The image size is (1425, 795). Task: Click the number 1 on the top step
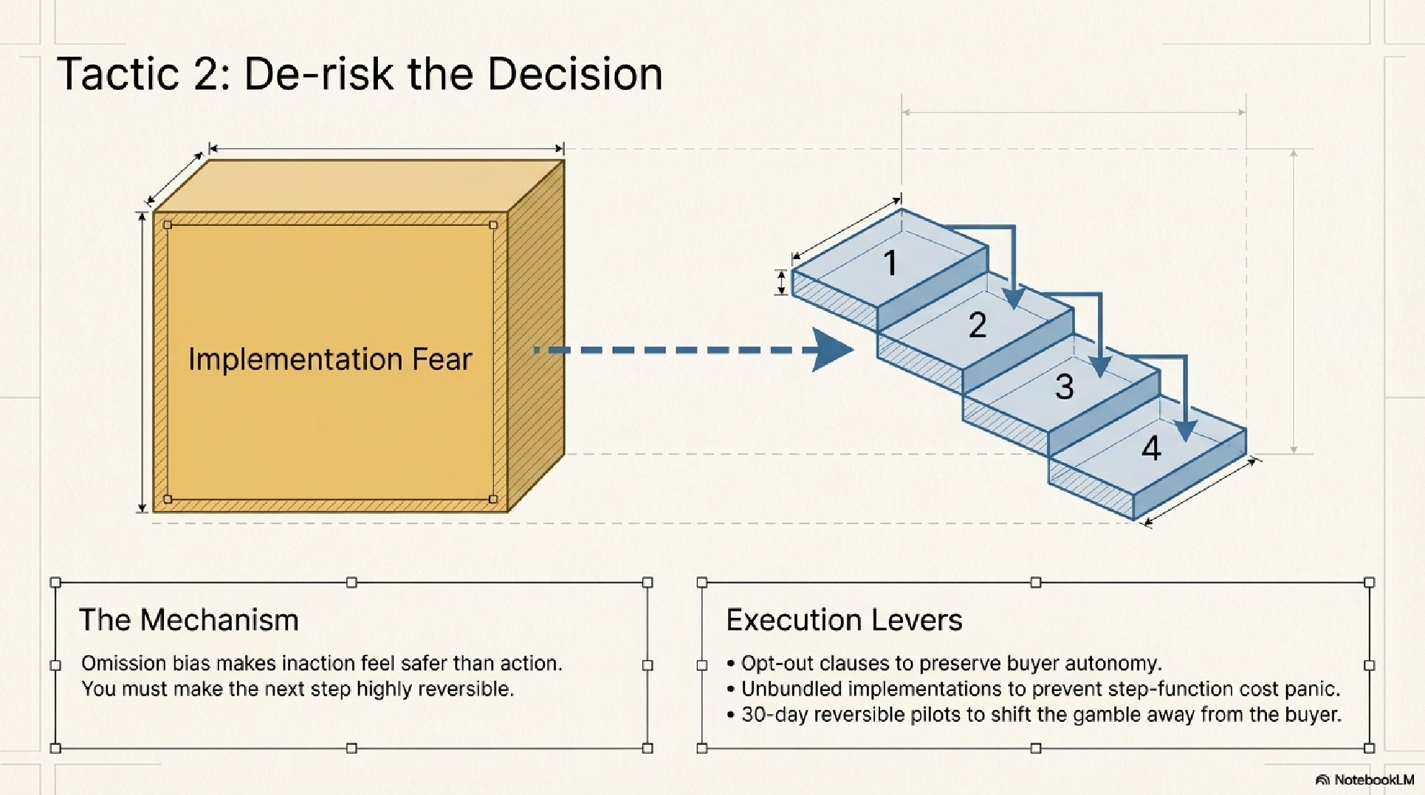pyautogui.click(x=890, y=263)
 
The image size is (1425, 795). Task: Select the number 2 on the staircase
pyautogui.click(x=977, y=325)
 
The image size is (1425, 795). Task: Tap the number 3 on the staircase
pyautogui.click(x=1064, y=387)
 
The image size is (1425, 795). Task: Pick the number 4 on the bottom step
pyautogui.click(x=1151, y=448)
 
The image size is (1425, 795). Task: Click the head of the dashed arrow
pyautogui.click(x=832, y=350)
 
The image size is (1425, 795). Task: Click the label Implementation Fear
pyautogui.click(x=329, y=359)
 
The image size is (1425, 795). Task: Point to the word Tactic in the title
pyautogui.click(x=117, y=75)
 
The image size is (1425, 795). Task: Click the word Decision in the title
pyautogui.click(x=574, y=75)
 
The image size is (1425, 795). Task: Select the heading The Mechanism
pyautogui.click(x=188, y=620)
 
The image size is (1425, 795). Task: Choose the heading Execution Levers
pyautogui.click(x=844, y=620)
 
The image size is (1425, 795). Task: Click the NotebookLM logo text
pyautogui.click(x=1373, y=779)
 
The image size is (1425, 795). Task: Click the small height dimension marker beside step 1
pyautogui.click(x=782, y=282)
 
